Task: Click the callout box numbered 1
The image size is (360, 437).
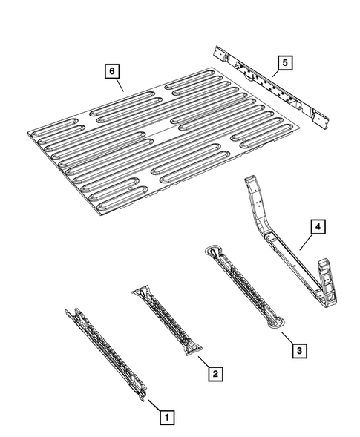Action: coord(167,418)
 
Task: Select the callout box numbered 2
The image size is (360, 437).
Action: coord(215,373)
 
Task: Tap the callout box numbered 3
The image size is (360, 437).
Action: coord(299,350)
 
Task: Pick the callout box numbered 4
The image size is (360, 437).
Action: coord(318,227)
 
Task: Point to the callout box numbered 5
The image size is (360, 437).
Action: coord(285,63)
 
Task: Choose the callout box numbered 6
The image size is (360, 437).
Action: coord(112,71)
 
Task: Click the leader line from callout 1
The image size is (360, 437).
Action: coord(154,405)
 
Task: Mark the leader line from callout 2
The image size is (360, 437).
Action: coord(203,361)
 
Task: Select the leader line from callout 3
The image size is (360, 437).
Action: coord(287,338)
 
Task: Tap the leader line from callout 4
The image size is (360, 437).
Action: coord(306,242)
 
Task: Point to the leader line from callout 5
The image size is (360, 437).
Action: coord(276,73)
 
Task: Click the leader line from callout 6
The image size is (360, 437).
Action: coord(120,85)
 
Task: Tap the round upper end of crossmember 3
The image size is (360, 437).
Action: coord(213,250)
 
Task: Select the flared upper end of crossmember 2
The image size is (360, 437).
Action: coord(141,292)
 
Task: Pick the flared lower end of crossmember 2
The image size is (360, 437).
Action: coord(193,349)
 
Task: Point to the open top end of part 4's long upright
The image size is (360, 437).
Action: coord(250,179)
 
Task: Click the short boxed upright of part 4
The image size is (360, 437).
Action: coord(328,283)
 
